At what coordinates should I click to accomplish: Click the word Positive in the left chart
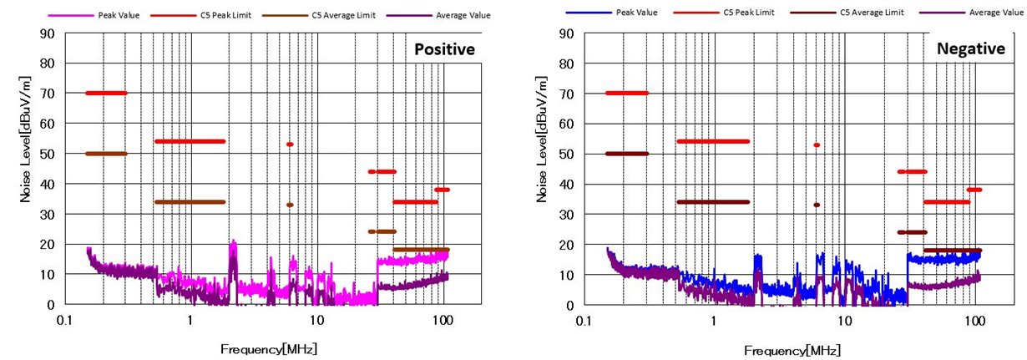(x=445, y=49)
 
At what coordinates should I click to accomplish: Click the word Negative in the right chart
(x=970, y=49)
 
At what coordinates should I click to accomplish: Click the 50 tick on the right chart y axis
(x=568, y=154)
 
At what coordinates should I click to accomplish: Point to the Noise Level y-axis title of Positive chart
(x=28, y=169)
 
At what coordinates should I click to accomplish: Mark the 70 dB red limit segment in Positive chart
(x=106, y=93)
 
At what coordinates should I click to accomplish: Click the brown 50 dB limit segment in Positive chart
(x=106, y=154)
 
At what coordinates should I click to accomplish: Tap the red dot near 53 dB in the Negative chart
(x=817, y=145)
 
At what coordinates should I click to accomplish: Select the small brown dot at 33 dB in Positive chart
(x=290, y=205)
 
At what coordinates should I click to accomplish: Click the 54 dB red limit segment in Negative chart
(x=713, y=141)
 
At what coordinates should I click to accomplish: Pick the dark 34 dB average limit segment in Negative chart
(x=713, y=201)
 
